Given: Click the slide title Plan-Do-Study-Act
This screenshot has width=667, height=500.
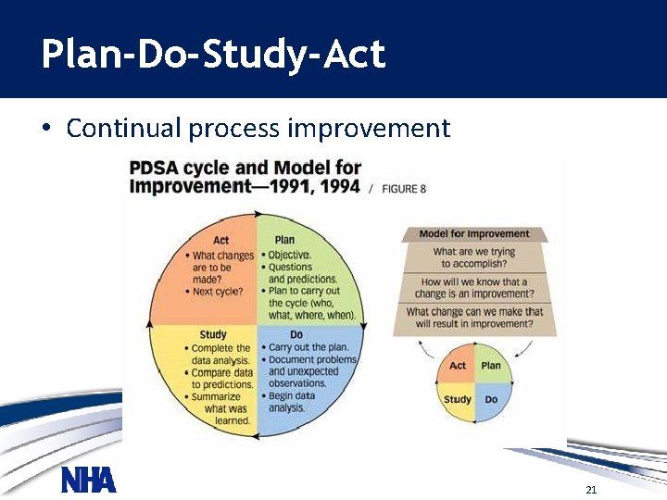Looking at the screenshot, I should click(x=212, y=55).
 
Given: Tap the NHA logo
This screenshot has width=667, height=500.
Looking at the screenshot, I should click(x=88, y=480).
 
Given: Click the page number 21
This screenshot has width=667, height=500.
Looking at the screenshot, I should click(x=590, y=489).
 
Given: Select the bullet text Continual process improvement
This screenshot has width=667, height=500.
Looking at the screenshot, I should click(x=258, y=128).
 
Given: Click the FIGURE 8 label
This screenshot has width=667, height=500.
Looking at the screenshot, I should click(x=403, y=188).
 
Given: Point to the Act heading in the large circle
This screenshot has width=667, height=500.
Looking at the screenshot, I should click(x=220, y=240).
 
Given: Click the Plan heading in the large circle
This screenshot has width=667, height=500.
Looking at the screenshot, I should click(x=284, y=240).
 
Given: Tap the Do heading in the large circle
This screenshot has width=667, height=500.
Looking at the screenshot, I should click(x=296, y=334).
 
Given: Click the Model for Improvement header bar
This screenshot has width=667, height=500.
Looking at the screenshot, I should click(x=474, y=234).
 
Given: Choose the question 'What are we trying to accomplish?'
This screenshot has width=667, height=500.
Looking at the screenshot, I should click(x=474, y=257).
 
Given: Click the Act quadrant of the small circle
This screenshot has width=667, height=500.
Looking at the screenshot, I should click(x=458, y=366).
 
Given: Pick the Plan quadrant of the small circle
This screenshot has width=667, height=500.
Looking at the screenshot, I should click(x=491, y=366).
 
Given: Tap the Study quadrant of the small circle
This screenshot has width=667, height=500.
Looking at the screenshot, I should click(x=458, y=399).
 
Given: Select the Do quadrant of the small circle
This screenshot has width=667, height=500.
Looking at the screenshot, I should click(x=491, y=399).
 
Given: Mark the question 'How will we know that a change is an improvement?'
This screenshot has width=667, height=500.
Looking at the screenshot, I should click(x=474, y=288).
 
